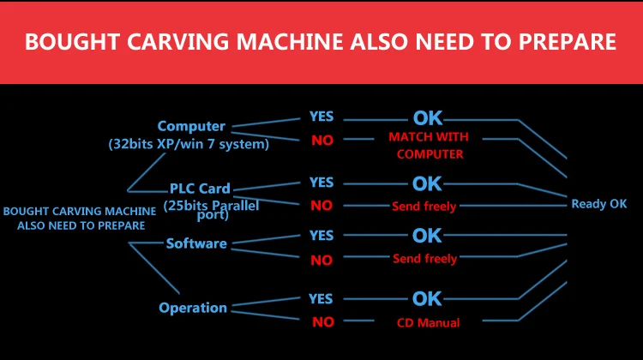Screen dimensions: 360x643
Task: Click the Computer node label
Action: pos(191,126)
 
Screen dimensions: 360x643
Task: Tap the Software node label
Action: pos(196,243)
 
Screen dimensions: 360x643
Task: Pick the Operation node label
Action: pos(193,308)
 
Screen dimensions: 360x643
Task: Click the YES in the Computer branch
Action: pos(321,117)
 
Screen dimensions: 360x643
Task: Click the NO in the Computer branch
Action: pos(322,141)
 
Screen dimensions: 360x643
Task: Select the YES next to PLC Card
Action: pos(321,183)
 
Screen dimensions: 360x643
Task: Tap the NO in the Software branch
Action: pos(321,260)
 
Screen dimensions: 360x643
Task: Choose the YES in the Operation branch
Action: pos(321,299)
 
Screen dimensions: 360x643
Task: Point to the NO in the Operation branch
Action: pos(321,323)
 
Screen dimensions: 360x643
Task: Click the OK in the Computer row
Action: pos(428,118)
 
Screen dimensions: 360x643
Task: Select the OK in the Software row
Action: pos(427,235)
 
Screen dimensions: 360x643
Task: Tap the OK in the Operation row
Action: pos(427,299)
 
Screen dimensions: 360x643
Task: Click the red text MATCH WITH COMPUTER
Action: pos(429,146)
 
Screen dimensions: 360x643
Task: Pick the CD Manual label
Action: pos(428,323)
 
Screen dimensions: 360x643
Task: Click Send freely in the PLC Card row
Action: pos(424,207)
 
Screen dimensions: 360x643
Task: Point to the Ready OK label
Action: pos(599,204)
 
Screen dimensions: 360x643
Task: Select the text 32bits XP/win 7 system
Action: pos(189,144)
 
